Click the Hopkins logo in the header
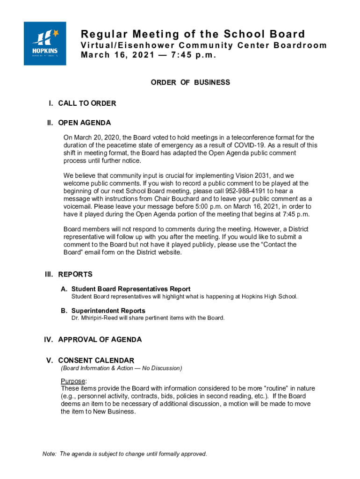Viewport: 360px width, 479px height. [x=45, y=44]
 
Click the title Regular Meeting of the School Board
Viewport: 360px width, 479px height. [x=193, y=34]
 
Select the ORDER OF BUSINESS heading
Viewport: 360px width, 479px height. [x=190, y=82]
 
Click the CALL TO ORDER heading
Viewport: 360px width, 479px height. [x=87, y=103]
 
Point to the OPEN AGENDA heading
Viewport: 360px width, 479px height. [x=84, y=123]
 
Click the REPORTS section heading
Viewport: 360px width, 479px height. [x=75, y=275]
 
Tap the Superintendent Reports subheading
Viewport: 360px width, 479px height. [x=108, y=311]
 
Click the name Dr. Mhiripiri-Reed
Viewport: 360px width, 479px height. [x=98, y=318]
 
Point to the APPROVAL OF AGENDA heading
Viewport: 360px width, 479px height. [x=100, y=340]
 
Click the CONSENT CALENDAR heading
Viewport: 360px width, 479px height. [x=96, y=360]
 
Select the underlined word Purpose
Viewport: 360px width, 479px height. [x=73, y=381]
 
